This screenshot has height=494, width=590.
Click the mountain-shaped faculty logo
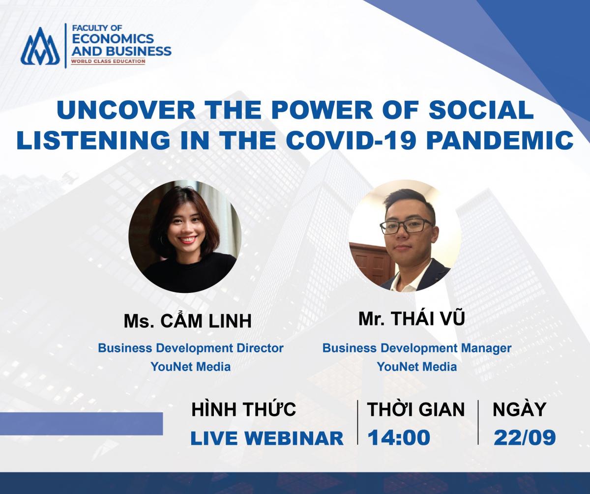[40, 46]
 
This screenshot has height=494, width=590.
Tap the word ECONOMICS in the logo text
[113, 39]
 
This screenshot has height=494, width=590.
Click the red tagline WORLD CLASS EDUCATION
[108, 61]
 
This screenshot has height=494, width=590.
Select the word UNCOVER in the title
[126, 110]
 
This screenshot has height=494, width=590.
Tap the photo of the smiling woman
[185, 236]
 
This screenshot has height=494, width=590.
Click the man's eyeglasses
[407, 227]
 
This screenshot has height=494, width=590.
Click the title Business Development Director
[191, 348]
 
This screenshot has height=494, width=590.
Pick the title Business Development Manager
[417, 349]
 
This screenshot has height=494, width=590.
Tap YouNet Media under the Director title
[191, 367]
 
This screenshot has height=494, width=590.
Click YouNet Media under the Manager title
[417, 367]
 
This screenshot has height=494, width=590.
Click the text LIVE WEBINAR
[267, 438]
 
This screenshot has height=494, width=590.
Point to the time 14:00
[399, 437]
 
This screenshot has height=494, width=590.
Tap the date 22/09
[525, 438]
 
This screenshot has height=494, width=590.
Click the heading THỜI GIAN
[415, 409]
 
